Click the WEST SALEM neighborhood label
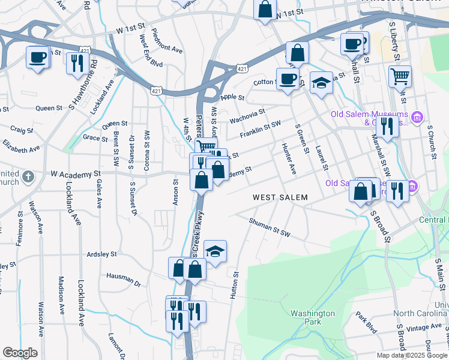pyautogui.click(x=280, y=197)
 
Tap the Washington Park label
pyautogui.click(x=312, y=318)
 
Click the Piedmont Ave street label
pyautogui.click(x=167, y=41)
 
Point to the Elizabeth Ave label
pyautogui.click(x=21, y=147)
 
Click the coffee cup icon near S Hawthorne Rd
pyautogui.click(x=37, y=58)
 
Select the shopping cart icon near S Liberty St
pyautogui.click(x=400, y=76)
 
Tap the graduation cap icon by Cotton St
pyautogui.click(x=321, y=83)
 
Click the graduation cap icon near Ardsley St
pyautogui.click(x=215, y=251)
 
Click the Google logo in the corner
pyautogui.click(x=20, y=353)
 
